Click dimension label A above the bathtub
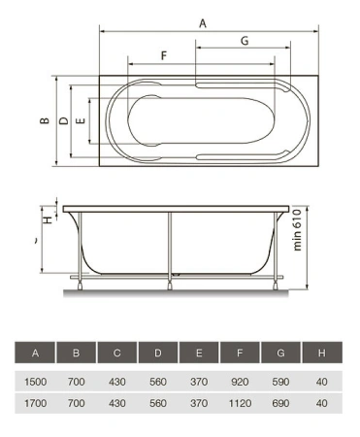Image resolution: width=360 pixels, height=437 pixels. tap(202, 21)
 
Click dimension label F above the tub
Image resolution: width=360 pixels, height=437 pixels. tap(163, 55)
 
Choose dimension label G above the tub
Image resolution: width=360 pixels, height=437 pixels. tap(245, 41)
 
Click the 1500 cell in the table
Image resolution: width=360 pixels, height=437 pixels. tap(35, 381)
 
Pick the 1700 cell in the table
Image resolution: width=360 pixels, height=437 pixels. tap(35, 400)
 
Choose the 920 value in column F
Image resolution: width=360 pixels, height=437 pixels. tap(239, 381)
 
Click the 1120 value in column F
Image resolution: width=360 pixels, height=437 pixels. tap(239, 400)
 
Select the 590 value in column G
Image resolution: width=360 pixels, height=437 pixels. tap(279, 381)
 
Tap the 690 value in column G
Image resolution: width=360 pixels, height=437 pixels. tap(279, 400)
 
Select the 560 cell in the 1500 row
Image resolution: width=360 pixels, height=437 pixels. tap(157, 381)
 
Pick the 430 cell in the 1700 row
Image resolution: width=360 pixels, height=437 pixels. tap(116, 400)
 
